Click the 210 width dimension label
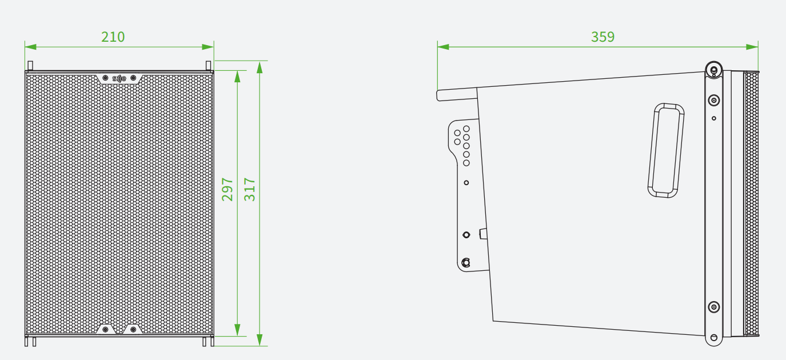coord(113,37)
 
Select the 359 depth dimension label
coord(603,37)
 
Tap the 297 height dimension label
coord(228,190)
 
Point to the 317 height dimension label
coord(249,190)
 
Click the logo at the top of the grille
coord(119,79)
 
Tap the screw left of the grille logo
coord(105,78)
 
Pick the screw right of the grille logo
coord(133,78)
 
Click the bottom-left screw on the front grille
coord(105,330)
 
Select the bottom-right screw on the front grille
coord(133,330)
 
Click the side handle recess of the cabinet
coord(666,150)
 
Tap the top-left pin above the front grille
coord(30,66)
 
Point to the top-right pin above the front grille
coord(209,66)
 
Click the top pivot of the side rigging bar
coord(714,70)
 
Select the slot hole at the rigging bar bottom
coord(714,338)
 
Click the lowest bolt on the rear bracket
coord(466,262)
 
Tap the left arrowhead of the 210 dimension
coord(30,47)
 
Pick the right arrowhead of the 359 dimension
coord(752,47)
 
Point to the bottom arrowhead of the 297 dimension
coord(238,330)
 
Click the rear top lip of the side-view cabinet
coord(457,94)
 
